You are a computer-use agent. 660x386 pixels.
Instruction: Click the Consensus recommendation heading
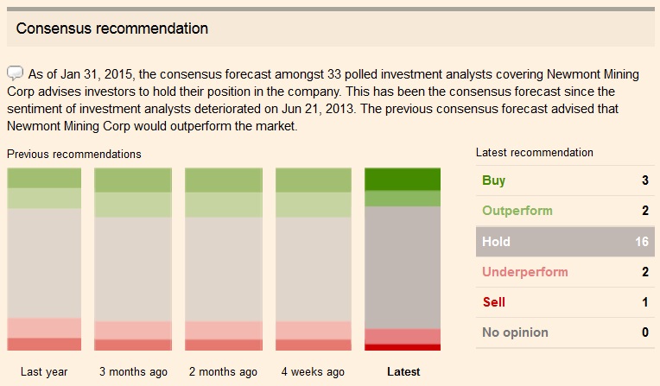(x=112, y=28)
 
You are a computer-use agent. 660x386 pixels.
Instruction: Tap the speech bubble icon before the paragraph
(x=16, y=73)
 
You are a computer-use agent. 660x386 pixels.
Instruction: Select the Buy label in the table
(x=494, y=180)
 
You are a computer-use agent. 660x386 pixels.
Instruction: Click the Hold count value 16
(x=641, y=242)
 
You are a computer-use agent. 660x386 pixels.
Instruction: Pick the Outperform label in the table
(x=517, y=211)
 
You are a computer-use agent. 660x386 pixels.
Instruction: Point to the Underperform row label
(x=524, y=272)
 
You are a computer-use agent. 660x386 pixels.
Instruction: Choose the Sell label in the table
(x=493, y=302)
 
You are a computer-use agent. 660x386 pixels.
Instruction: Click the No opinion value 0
(x=644, y=332)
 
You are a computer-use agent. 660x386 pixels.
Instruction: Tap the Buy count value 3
(x=644, y=180)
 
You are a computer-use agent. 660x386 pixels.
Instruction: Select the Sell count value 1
(x=644, y=302)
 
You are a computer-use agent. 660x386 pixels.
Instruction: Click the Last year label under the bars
(x=44, y=372)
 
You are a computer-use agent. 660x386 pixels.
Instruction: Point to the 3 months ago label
(x=134, y=372)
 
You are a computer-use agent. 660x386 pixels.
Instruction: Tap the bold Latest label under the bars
(x=403, y=372)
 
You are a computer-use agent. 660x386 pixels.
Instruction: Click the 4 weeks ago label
(x=313, y=372)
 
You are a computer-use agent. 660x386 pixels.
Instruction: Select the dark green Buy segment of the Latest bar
(x=403, y=179)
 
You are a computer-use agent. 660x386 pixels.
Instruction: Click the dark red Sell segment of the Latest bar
(x=403, y=347)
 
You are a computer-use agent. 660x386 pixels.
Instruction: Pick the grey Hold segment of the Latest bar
(x=403, y=267)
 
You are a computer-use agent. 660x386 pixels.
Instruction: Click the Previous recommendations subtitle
(x=73, y=154)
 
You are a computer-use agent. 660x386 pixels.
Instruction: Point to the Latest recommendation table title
(x=535, y=152)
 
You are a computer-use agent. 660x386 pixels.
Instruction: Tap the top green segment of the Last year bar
(x=44, y=178)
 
